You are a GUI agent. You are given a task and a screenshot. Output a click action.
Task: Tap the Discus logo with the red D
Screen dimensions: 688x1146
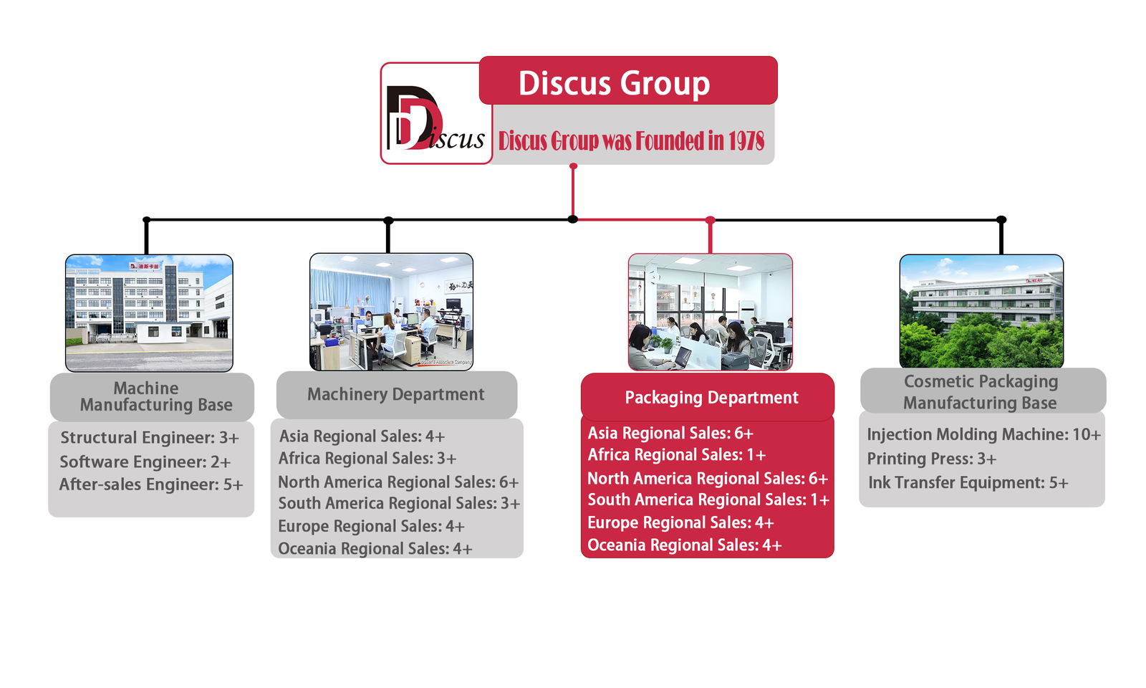(x=435, y=115)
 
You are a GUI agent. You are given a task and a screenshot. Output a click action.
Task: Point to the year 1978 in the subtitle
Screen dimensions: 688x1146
(x=746, y=141)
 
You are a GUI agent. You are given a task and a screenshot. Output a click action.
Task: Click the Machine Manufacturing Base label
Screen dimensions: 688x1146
(x=152, y=396)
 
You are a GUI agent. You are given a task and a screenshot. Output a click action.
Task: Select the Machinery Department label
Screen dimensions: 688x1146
(x=396, y=394)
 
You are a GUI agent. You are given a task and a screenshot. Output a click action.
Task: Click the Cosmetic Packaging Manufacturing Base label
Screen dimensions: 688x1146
(x=981, y=391)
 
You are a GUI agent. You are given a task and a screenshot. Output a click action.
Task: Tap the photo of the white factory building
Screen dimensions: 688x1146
(x=149, y=312)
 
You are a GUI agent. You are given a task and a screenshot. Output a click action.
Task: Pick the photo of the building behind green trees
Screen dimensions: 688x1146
(x=981, y=311)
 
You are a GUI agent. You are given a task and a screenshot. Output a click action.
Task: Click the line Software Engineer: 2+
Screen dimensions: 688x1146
(x=145, y=462)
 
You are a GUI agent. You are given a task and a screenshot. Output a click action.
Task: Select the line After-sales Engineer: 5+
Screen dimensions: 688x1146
(x=151, y=484)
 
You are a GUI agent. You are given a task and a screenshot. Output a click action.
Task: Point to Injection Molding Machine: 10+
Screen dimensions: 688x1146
(x=983, y=434)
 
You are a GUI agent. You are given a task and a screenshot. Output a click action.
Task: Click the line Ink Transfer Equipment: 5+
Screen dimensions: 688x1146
(x=968, y=482)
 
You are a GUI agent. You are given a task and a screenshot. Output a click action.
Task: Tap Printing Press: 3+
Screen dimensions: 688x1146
(x=931, y=459)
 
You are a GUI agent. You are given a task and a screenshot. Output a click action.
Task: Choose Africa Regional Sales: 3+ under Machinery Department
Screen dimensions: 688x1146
(x=367, y=458)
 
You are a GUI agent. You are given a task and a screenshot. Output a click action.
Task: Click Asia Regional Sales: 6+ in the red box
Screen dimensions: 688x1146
(x=670, y=433)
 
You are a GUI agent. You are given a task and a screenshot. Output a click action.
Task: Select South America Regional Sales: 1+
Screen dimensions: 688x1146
(x=708, y=500)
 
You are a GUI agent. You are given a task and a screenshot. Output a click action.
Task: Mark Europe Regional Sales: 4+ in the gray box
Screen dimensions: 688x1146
(x=371, y=526)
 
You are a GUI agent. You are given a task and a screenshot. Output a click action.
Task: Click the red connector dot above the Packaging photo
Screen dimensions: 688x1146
(x=710, y=220)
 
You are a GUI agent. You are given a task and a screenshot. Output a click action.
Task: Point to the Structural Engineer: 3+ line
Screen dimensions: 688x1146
(x=149, y=437)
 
